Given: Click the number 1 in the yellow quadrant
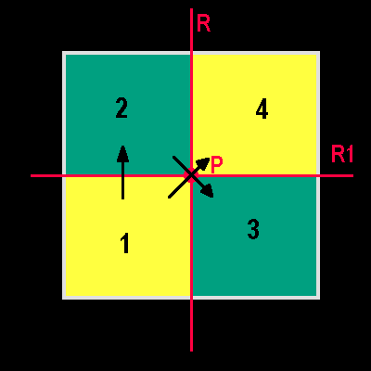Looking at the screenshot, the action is pos(125,243).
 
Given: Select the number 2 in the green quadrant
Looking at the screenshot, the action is pos(122,108).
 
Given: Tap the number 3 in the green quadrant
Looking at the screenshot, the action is pos(253,229).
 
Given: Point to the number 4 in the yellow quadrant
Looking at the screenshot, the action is pos(262,109).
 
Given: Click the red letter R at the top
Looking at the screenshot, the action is pos(203,23).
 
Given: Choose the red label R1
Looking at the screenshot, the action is pos(342,154).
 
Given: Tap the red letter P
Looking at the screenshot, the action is pos(217,165).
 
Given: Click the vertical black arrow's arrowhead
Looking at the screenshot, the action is pos(123,154).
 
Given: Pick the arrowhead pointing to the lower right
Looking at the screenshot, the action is pos(208,191).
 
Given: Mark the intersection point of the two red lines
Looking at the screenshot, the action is pos(192,175).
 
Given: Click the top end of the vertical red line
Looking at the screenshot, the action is pos(192,8).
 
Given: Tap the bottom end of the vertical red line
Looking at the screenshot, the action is pos(192,352).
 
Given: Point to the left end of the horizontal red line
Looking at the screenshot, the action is pos(31,176).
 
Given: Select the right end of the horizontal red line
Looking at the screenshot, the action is pos(353,176).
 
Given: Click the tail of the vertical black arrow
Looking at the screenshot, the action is pos(123,198).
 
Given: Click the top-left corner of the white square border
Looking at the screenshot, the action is pos(63,52).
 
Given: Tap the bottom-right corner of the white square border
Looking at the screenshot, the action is pos(319,299).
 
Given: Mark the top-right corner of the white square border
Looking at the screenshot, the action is pos(319,52).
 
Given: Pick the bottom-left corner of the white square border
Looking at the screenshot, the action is pos(63,299).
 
